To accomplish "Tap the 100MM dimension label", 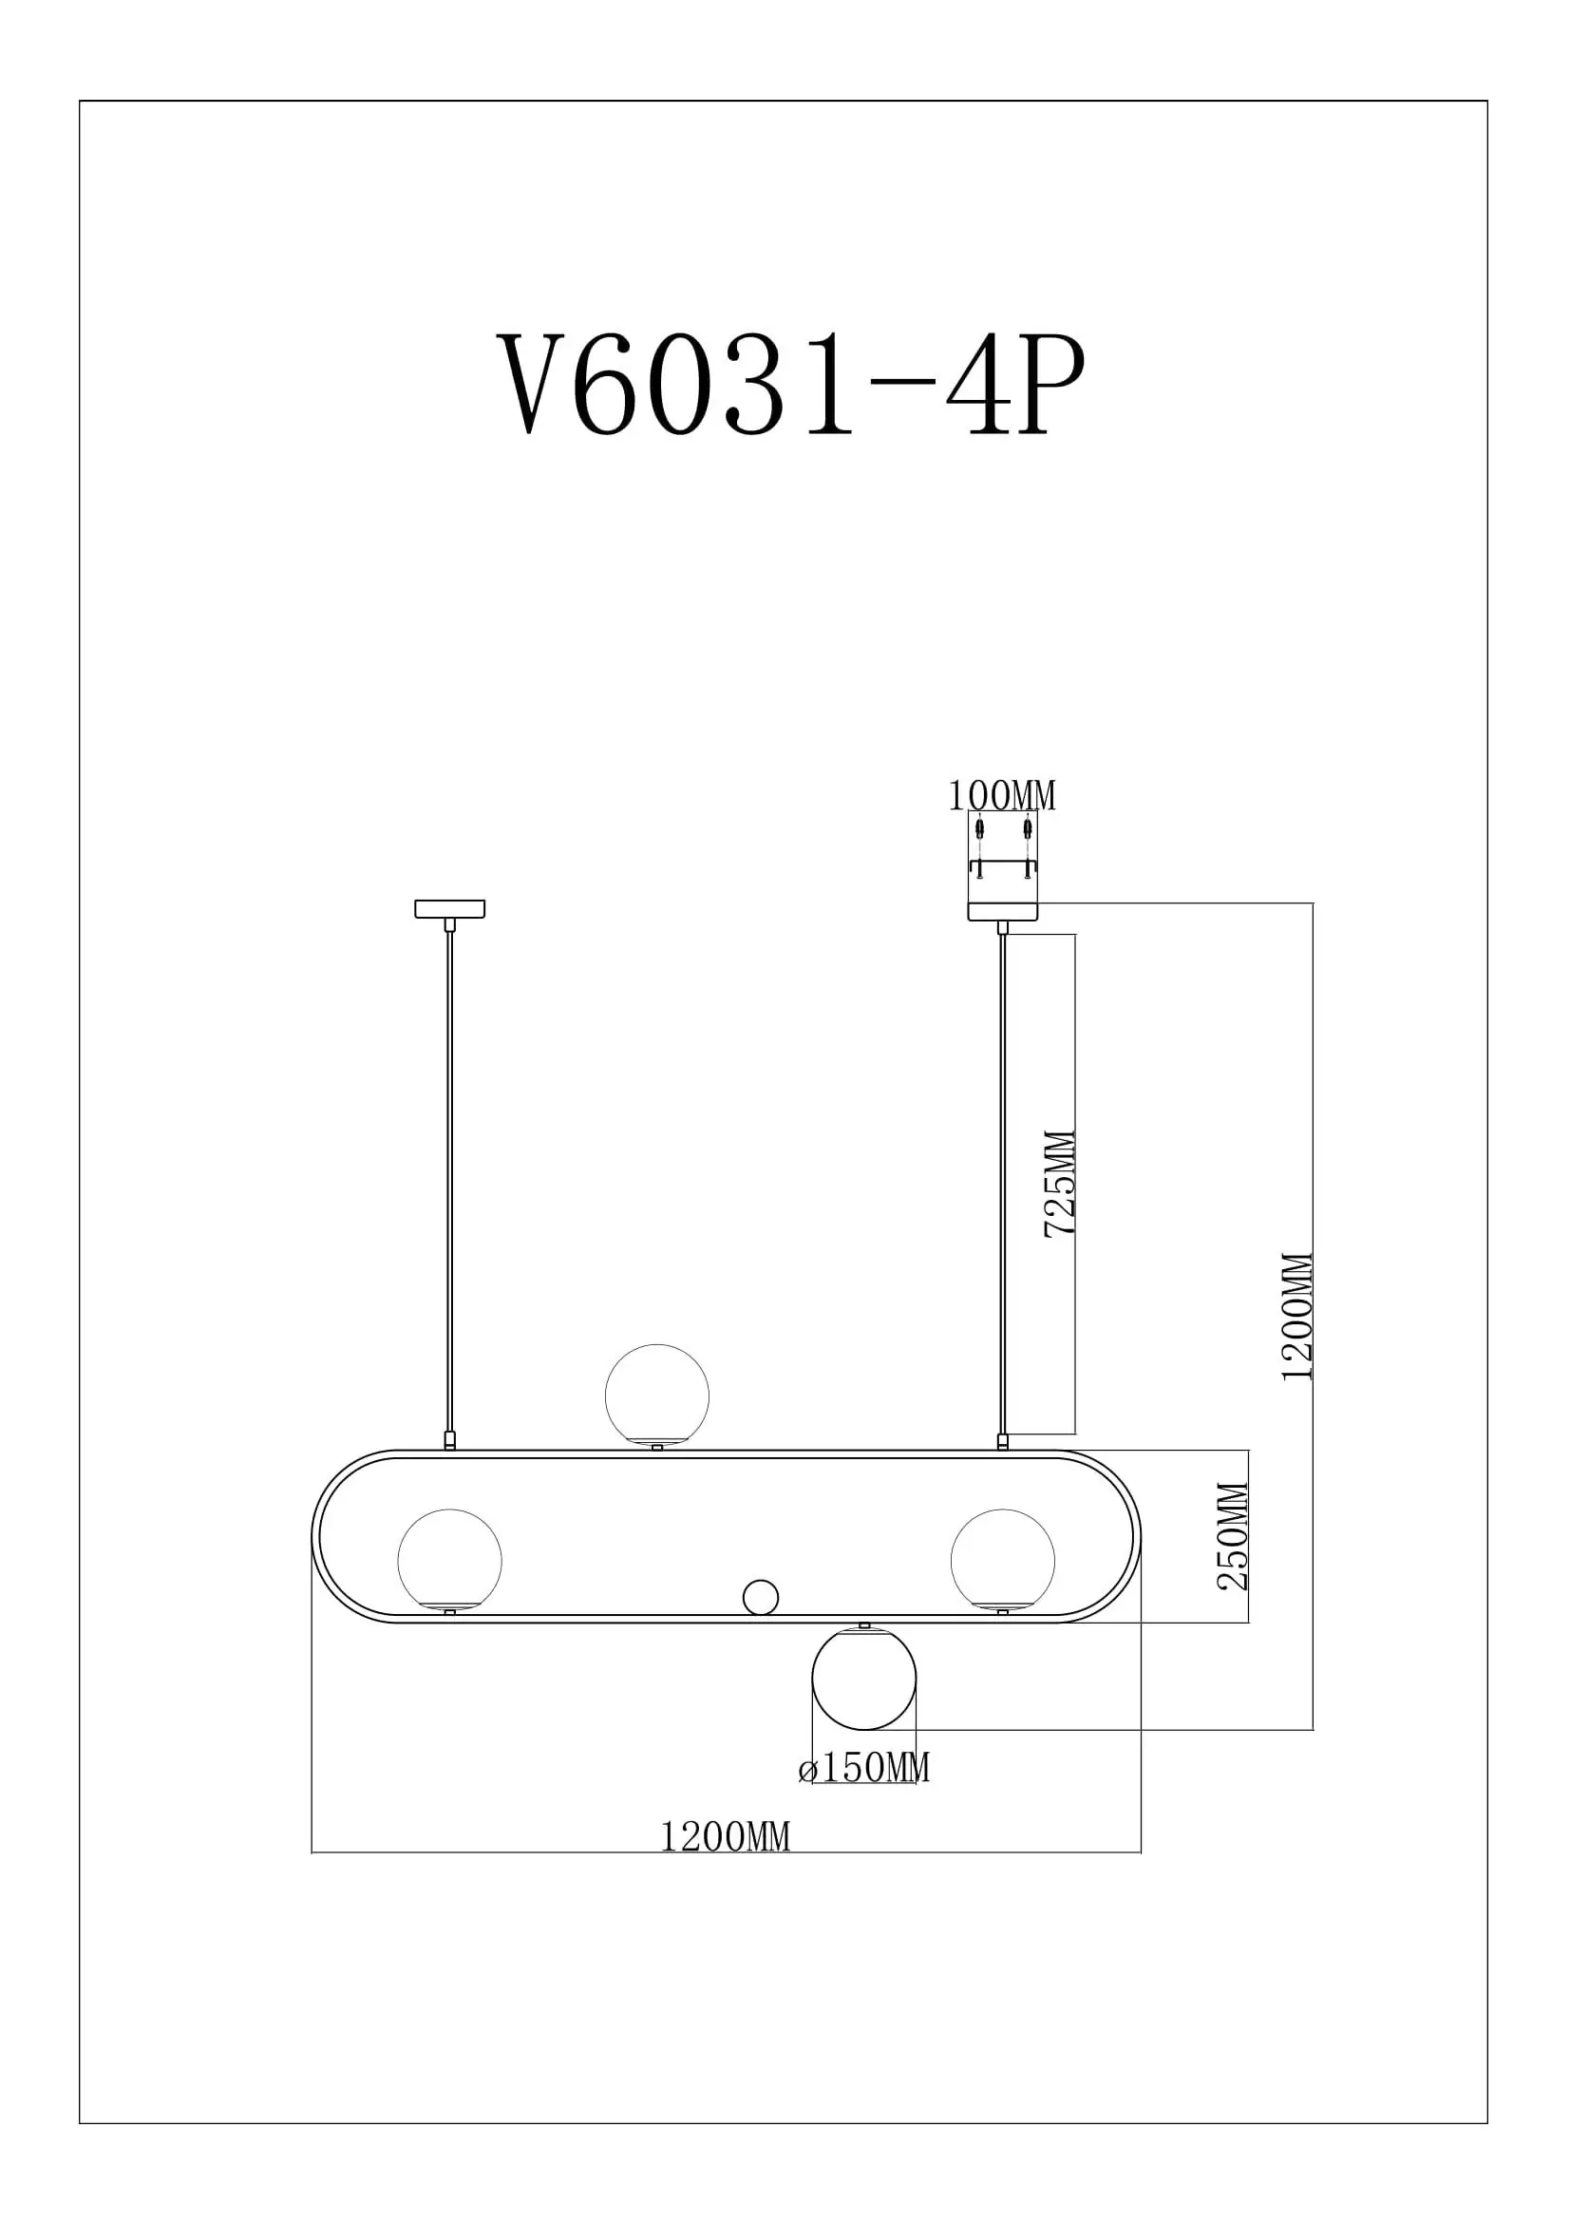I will [1001, 795].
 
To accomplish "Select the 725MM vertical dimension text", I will [1059, 1183].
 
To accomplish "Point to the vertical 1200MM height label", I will [1297, 1317].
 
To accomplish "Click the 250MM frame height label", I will [1233, 1536].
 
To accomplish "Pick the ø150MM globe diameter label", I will [864, 1768].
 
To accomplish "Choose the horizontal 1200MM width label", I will [725, 1837].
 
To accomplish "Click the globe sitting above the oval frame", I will [657, 1396].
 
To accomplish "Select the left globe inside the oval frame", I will [450, 1560].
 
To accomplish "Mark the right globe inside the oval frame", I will [1002, 1560].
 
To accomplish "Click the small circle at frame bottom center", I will [761, 1597].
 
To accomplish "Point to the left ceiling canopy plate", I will [450, 909].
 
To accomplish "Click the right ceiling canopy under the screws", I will [1002, 912].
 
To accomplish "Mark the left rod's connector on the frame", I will [450, 1440].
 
